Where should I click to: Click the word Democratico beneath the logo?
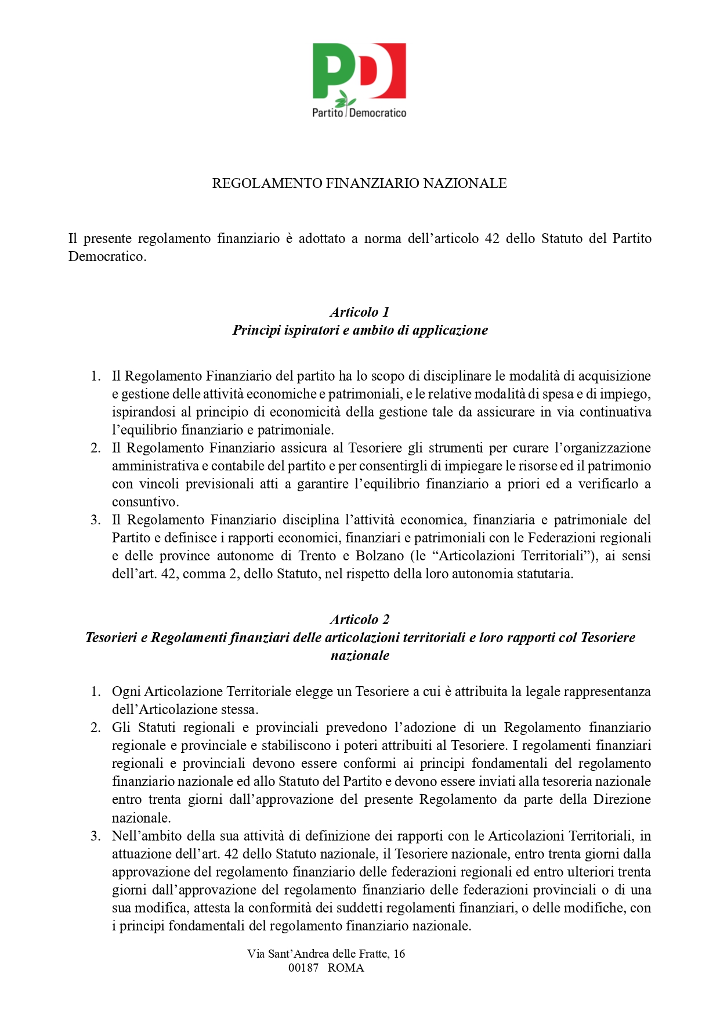pos(378,113)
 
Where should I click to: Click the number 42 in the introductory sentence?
pos(492,238)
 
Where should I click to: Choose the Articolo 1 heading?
pos(360,312)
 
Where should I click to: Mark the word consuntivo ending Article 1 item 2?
pos(144,502)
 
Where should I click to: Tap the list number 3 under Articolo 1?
pos(95,520)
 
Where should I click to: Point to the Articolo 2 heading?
pos(360,620)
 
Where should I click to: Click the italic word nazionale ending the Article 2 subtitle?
pos(360,655)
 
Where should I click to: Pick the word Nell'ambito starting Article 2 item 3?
pos(144,836)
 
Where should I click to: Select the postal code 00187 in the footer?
pos(303,968)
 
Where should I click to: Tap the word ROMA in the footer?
pos(346,968)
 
